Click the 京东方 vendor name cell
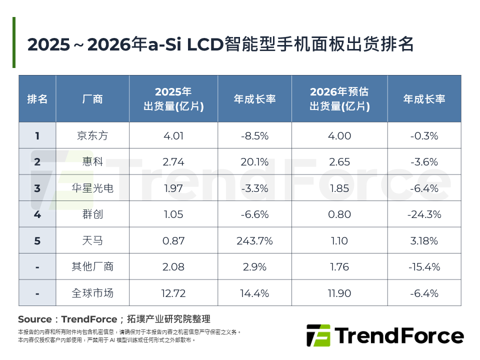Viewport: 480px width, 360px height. tap(92, 135)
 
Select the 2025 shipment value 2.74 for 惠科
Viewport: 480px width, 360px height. tap(173, 162)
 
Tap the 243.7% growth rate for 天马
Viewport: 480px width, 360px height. tap(254, 241)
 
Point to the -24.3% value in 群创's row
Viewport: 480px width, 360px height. tap(424, 214)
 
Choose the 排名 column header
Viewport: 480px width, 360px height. tap(37, 99)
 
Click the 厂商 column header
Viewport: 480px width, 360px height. tap(92, 99)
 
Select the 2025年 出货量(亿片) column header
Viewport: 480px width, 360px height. tap(173, 99)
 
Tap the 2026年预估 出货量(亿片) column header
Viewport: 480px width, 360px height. tap(339, 99)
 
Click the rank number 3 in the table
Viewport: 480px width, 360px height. tap(37, 188)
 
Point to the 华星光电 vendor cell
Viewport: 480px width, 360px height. tap(92, 188)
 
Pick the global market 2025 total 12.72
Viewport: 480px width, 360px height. tap(173, 293)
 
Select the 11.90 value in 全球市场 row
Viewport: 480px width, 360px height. tap(339, 293)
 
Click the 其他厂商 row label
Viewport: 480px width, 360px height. tap(92, 267)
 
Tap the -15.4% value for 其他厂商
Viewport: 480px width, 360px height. tap(424, 267)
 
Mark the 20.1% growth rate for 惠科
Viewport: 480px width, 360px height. tap(254, 162)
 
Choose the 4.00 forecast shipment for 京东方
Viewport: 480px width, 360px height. tap(339, 135)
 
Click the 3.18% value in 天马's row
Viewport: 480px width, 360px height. tap(424, 241)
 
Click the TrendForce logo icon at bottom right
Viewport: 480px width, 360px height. tap(318, 335)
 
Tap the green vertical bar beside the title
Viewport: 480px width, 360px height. tap(14, 42)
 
